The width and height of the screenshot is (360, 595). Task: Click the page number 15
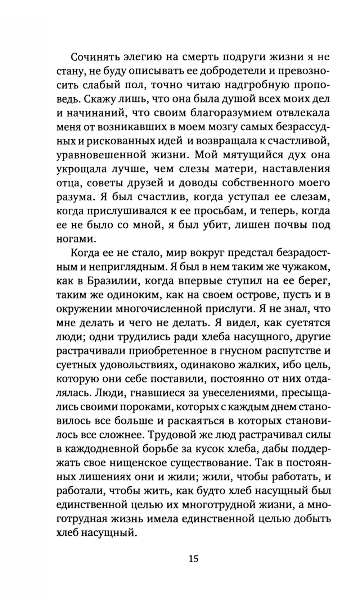tap(193, 559)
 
